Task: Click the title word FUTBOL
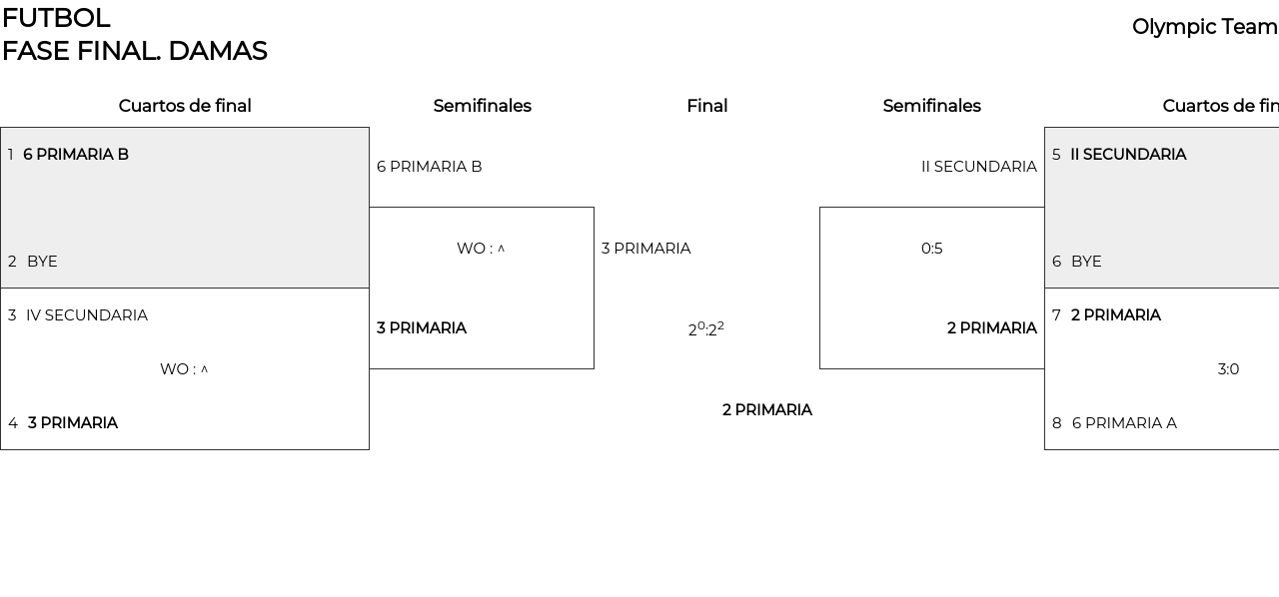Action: click(56, 18)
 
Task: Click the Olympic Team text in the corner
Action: click(1204, 27)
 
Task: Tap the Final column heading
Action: click(706, 106)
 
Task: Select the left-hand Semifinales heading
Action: click(482, 106)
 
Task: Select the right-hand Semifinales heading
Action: click(931, 106)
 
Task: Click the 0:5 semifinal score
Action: click(931, 249)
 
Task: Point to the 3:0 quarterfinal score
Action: click(1228, 369)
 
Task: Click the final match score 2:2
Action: click(705, 329)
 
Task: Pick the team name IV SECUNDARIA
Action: click(87, 315)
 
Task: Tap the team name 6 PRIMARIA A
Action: click(1124, 423)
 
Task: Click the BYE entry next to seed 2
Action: click(42, 262)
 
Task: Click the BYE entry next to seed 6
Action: click(1086, 262)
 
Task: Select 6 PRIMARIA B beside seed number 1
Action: click(76, 155)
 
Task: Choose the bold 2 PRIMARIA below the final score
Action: click(766, 410)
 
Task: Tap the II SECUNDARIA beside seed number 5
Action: click(1128, 155)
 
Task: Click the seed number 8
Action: click(1056, 423)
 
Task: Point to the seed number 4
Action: click(13, 423)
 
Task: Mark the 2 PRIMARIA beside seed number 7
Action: click(1115, 315)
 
